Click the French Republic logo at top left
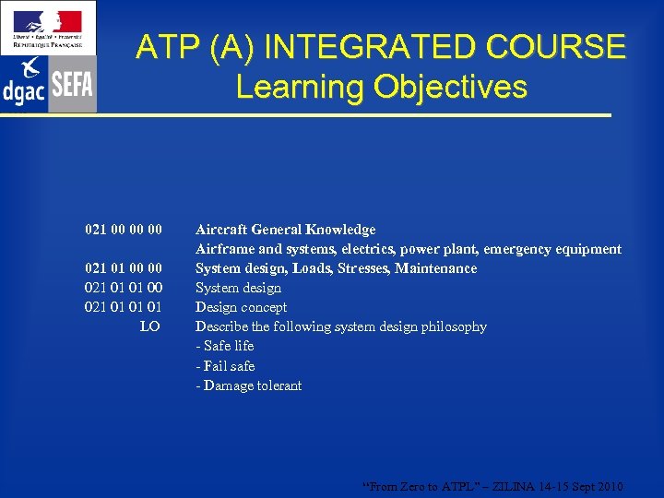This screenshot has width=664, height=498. tap(48, 29)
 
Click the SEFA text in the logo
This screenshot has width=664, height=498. tap(72, 85)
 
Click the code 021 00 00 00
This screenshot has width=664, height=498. tap(123, 230)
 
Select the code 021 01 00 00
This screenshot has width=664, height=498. tap(123, 268)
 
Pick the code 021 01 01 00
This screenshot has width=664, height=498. tap(123, 288)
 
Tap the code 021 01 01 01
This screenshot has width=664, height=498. tap(123, 307)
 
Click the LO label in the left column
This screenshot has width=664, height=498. tap(149, 326)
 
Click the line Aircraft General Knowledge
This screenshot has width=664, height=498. tap(285, 230)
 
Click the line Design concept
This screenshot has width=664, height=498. tap(241, 307)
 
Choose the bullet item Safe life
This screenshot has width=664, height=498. tap(228, 346)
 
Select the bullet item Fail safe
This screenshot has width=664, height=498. tap(228, 366)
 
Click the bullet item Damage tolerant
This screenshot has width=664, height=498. tap(252, 385)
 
